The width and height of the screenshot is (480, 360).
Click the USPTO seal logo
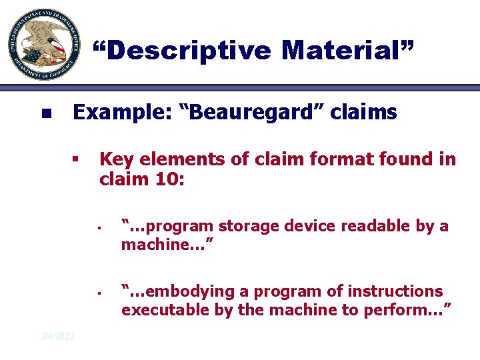pyautogui.click(x=41, y=45)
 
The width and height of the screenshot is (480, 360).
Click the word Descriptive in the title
pyautogui.click(x=182, y=51)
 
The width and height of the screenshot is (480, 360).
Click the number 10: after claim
pyautogui.click(x=163, y=179)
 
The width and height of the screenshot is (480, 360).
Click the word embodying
pyautogui.click(x=175, y=292)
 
